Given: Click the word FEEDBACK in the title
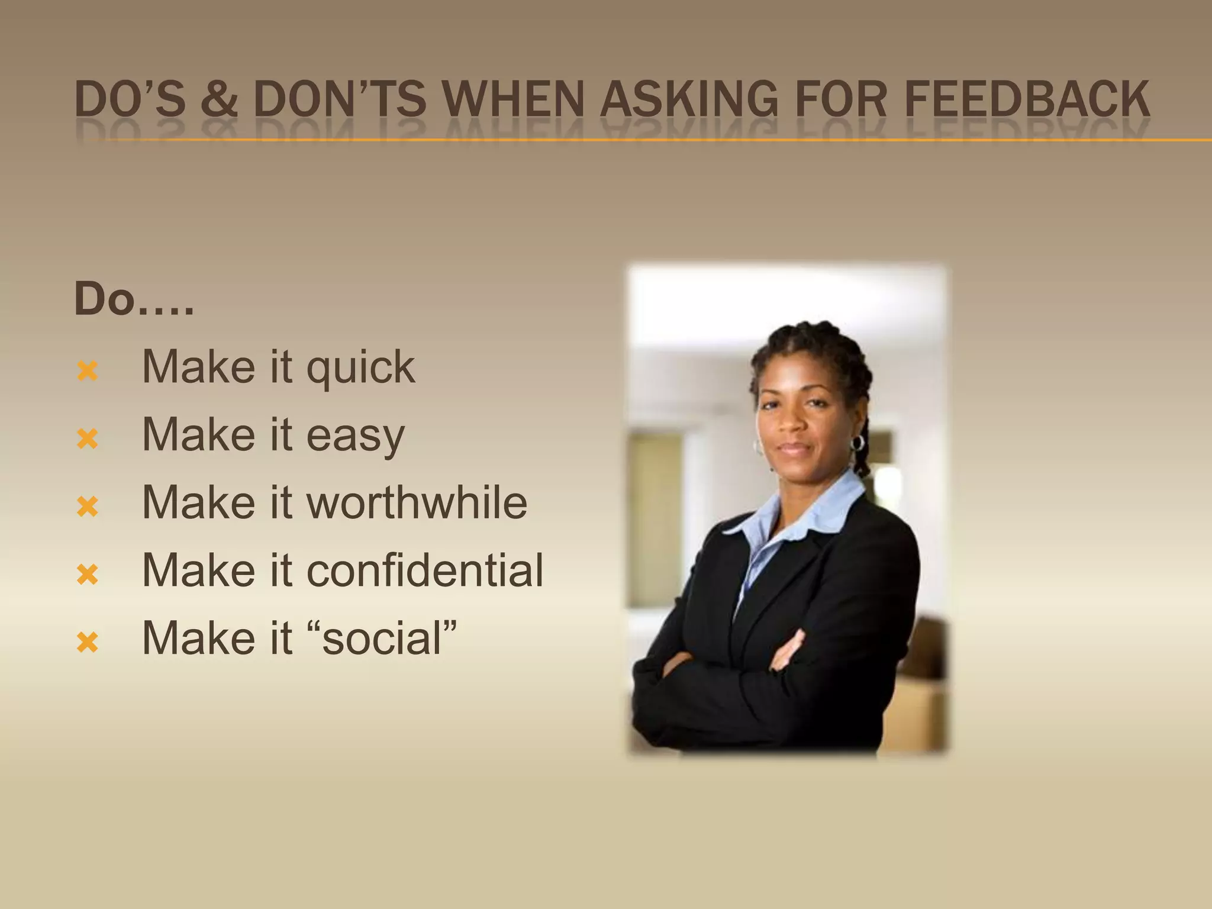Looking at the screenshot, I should pos(1027,99).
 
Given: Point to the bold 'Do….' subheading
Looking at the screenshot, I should pos(134,299).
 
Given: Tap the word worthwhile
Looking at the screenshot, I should pos(417,503).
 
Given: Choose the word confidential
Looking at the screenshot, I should pos(424,570).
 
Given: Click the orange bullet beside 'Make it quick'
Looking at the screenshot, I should pos(87,371).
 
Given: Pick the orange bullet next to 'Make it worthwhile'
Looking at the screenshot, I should pos(87,507).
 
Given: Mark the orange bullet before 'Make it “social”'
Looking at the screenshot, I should pos(87,642).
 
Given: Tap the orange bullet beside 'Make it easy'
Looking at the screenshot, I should pos(87,439).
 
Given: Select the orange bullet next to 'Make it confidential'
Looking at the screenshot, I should pos(87,574).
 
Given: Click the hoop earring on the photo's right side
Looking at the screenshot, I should pos(857,443).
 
